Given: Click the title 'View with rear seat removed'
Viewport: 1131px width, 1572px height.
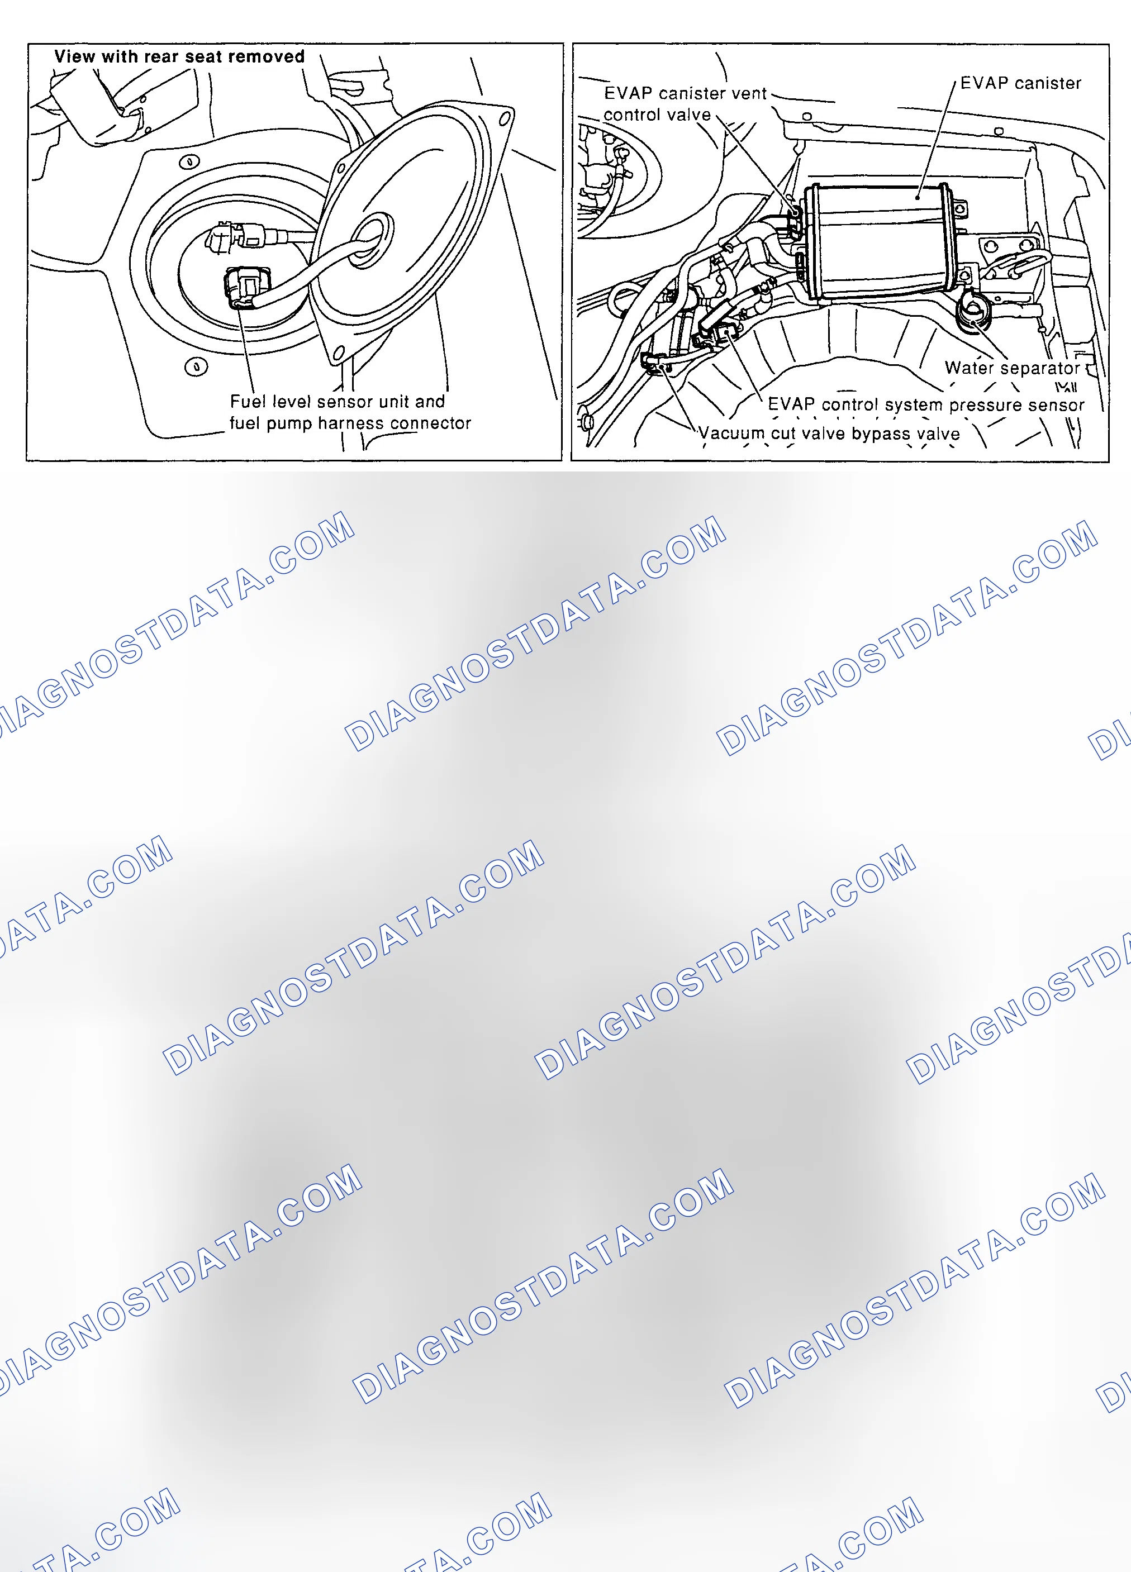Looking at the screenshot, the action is (179, 57).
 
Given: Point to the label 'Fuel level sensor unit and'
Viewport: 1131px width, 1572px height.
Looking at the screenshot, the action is (337, 401).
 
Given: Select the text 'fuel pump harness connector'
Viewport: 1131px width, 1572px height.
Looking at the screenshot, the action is (350, 423).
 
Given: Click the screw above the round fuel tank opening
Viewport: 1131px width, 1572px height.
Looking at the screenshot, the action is (189, 162).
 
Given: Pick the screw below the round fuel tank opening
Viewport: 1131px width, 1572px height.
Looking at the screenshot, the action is (196, 366).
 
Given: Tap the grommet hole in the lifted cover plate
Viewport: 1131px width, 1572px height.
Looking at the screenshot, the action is (371, 240).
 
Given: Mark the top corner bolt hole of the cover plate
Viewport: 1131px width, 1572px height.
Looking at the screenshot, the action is (506, 118).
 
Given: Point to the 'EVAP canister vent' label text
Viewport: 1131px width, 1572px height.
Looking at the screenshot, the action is (685, 93).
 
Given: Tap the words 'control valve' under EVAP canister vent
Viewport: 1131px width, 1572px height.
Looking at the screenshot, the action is (657, 115).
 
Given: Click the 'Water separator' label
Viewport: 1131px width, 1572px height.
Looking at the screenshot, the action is (1012, 368).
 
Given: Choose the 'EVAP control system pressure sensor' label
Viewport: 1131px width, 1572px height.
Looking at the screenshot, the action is (926, 405).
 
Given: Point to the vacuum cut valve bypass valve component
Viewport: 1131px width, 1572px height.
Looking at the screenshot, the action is (655, 363).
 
